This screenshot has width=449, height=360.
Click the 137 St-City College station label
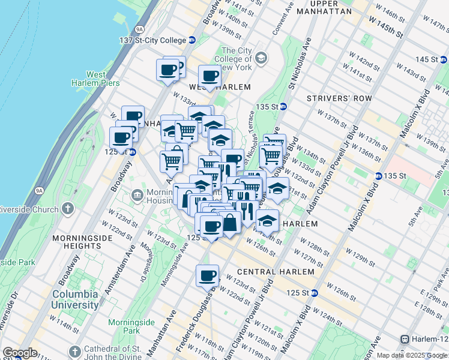point(152,40)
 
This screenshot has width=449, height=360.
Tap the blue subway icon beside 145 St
point(443,59)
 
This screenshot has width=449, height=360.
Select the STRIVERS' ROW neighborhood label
point(339,98)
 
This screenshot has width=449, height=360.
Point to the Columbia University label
point(75,299)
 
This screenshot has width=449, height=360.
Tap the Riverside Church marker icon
point(68,209)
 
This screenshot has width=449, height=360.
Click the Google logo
point(19,353)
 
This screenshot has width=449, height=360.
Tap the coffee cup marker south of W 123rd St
point(208,276)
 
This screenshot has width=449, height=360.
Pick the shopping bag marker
point(230,222)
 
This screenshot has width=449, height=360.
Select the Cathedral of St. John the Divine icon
point(75,350)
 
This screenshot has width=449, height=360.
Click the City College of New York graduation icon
point(261,58)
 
